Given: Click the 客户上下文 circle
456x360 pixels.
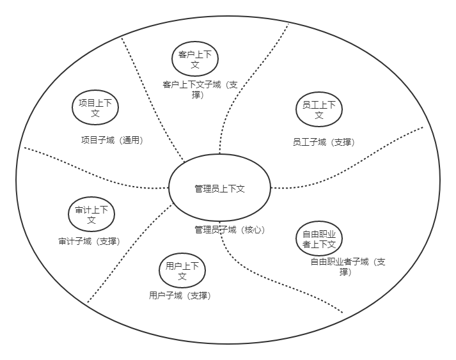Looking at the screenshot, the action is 195,59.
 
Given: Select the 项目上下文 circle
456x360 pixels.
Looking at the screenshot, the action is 95,107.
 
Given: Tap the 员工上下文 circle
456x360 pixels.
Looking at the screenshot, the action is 319,110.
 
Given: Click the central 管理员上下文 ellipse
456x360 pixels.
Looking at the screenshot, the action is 219,188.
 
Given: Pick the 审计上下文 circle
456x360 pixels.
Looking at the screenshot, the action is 91,215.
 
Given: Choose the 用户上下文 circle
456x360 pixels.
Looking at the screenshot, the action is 182,270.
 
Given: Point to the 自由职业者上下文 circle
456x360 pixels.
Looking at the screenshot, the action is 319,239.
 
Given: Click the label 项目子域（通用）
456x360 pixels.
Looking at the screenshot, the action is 112,140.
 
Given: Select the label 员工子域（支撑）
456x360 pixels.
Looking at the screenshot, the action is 323,142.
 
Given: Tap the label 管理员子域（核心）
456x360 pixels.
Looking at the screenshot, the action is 229,230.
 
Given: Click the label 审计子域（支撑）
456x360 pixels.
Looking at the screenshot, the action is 89,241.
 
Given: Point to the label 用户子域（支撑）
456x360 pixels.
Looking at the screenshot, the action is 180,295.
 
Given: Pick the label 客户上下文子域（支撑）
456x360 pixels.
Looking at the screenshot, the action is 200,90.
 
